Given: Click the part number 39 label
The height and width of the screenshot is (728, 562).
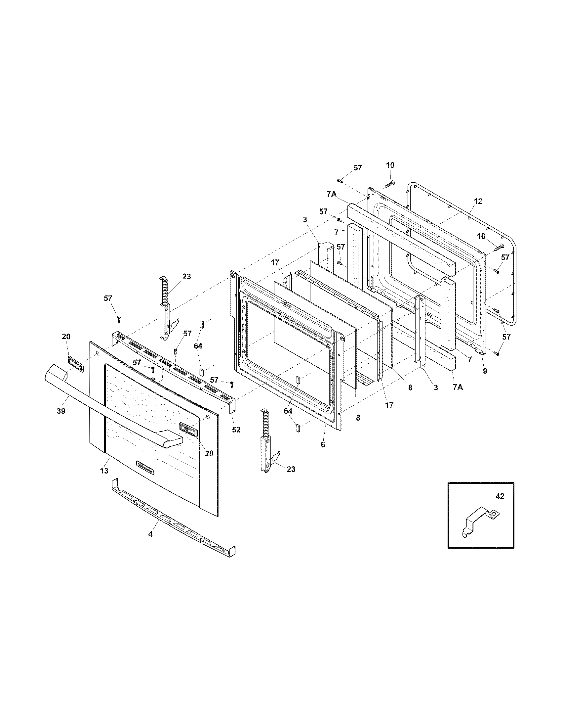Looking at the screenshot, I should pyautogui.click(x=60, y=411).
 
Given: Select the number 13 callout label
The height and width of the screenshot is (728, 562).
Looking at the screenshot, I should pyautogui.click(x=104, y=470).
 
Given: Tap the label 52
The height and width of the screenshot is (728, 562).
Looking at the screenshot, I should pyautogui.click(x=236, y=430).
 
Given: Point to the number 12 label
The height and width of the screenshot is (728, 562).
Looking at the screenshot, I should pyautogui.click(x=478, y=201).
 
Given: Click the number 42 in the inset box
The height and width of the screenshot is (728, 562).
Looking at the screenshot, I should pyautogui.click(x=500, y=506).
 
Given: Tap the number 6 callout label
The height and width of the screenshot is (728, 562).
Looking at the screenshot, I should pyautogui.click(x=323, y=444).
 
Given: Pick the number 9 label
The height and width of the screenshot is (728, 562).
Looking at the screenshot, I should pyautogui.click(x=485, y=370).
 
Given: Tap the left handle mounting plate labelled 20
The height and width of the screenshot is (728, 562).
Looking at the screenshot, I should pyautogui.click(x=76, y=364).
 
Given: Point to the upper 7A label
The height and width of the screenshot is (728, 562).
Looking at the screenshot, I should pyautogui.click(x=331, y=194).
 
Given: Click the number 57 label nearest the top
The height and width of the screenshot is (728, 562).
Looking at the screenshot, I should pyautogui.click(x=358, y=168).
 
